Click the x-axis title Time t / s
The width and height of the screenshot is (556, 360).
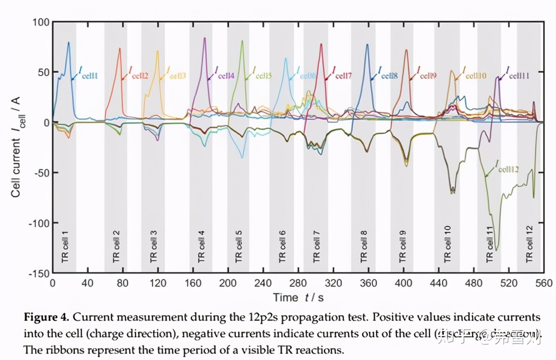click(x=299, y=297)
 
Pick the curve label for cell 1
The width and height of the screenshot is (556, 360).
click(x=86, y=75)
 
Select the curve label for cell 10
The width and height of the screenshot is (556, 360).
click(x=474, y=75)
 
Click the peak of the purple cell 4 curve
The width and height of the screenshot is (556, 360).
click(x=205, y=38)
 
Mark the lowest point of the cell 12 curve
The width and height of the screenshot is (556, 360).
click(x=496, y=250)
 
